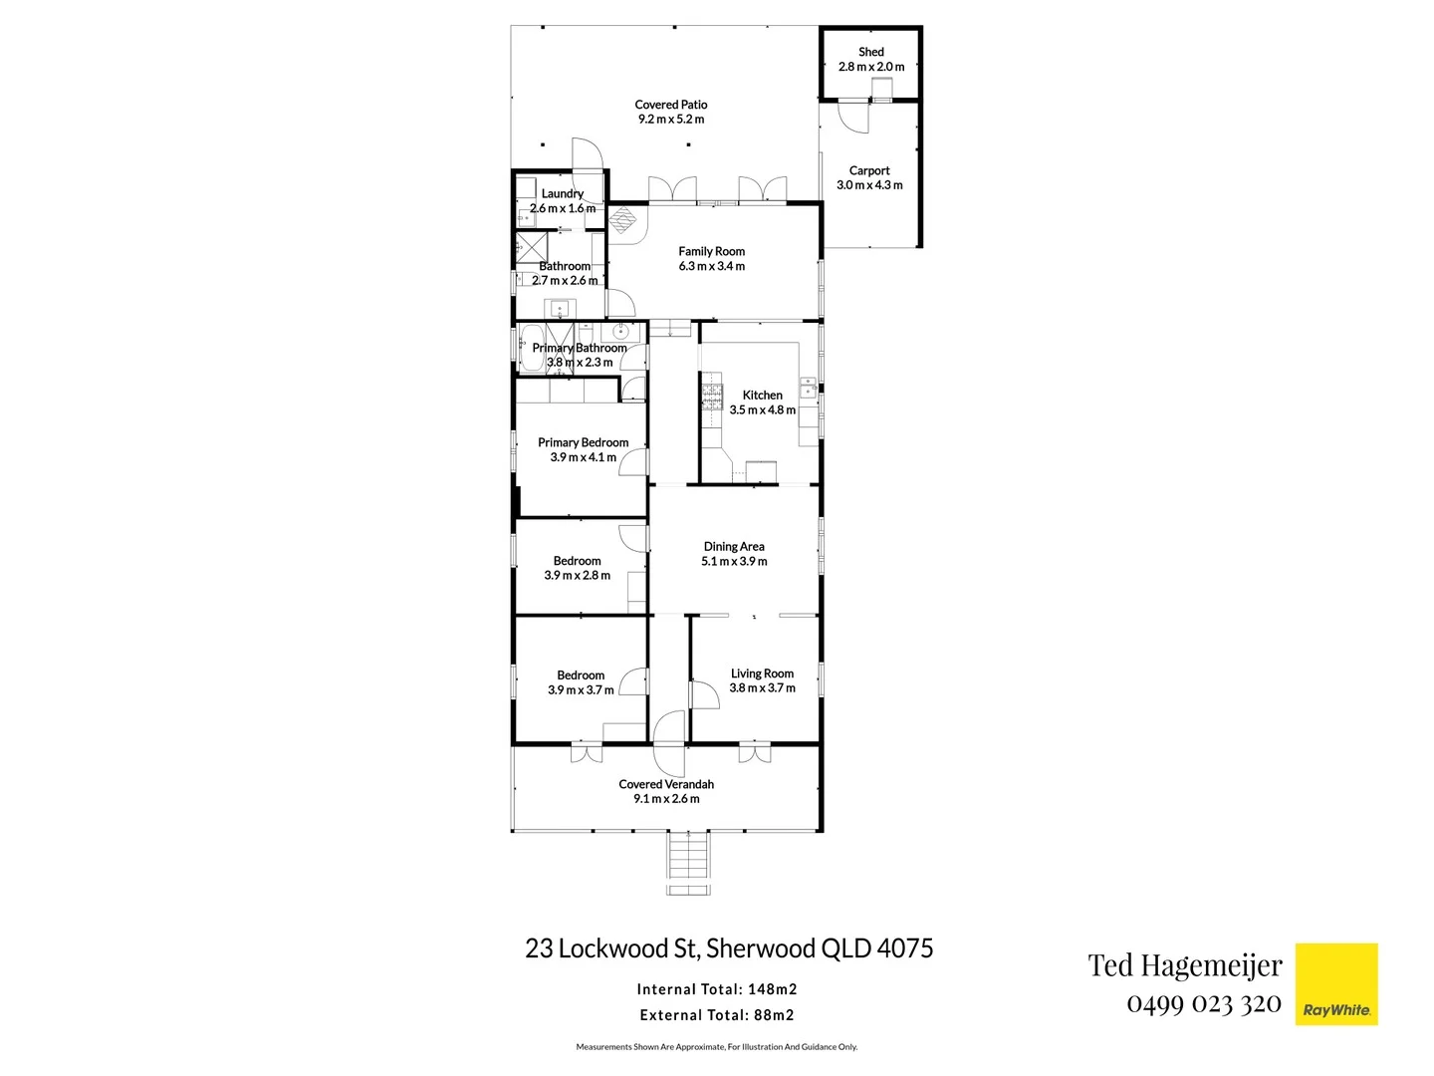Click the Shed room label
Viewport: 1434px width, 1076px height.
870,52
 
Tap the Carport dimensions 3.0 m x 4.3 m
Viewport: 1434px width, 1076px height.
869,185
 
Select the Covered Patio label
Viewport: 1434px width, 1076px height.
670,105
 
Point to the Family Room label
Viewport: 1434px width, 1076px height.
711,252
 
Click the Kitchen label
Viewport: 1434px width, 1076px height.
762,396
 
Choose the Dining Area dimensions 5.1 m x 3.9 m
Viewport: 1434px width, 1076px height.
734,562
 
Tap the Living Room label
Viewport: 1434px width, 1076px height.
762,674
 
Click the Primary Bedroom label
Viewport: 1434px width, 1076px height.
583,442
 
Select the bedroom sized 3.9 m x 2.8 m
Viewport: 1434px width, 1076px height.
577,568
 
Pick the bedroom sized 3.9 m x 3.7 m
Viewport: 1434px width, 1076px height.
581,682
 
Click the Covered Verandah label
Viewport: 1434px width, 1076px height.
666,784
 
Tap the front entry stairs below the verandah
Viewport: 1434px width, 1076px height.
688,864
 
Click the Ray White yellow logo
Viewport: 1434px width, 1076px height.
1335,984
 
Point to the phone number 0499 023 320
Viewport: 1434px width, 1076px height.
1203,1003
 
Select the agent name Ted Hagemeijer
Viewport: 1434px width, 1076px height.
1185,964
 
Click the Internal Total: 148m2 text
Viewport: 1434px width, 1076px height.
717,989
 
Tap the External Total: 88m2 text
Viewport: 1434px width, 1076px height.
717,1015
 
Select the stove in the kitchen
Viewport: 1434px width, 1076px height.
711,397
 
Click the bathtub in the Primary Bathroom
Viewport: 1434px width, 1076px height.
532,348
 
